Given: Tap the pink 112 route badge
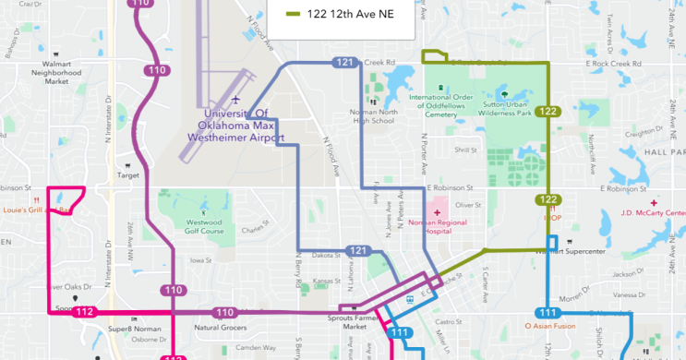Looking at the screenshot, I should (85, 312).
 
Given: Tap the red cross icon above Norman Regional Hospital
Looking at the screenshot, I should (437, 212).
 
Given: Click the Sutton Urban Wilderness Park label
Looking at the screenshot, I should (504, 108).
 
